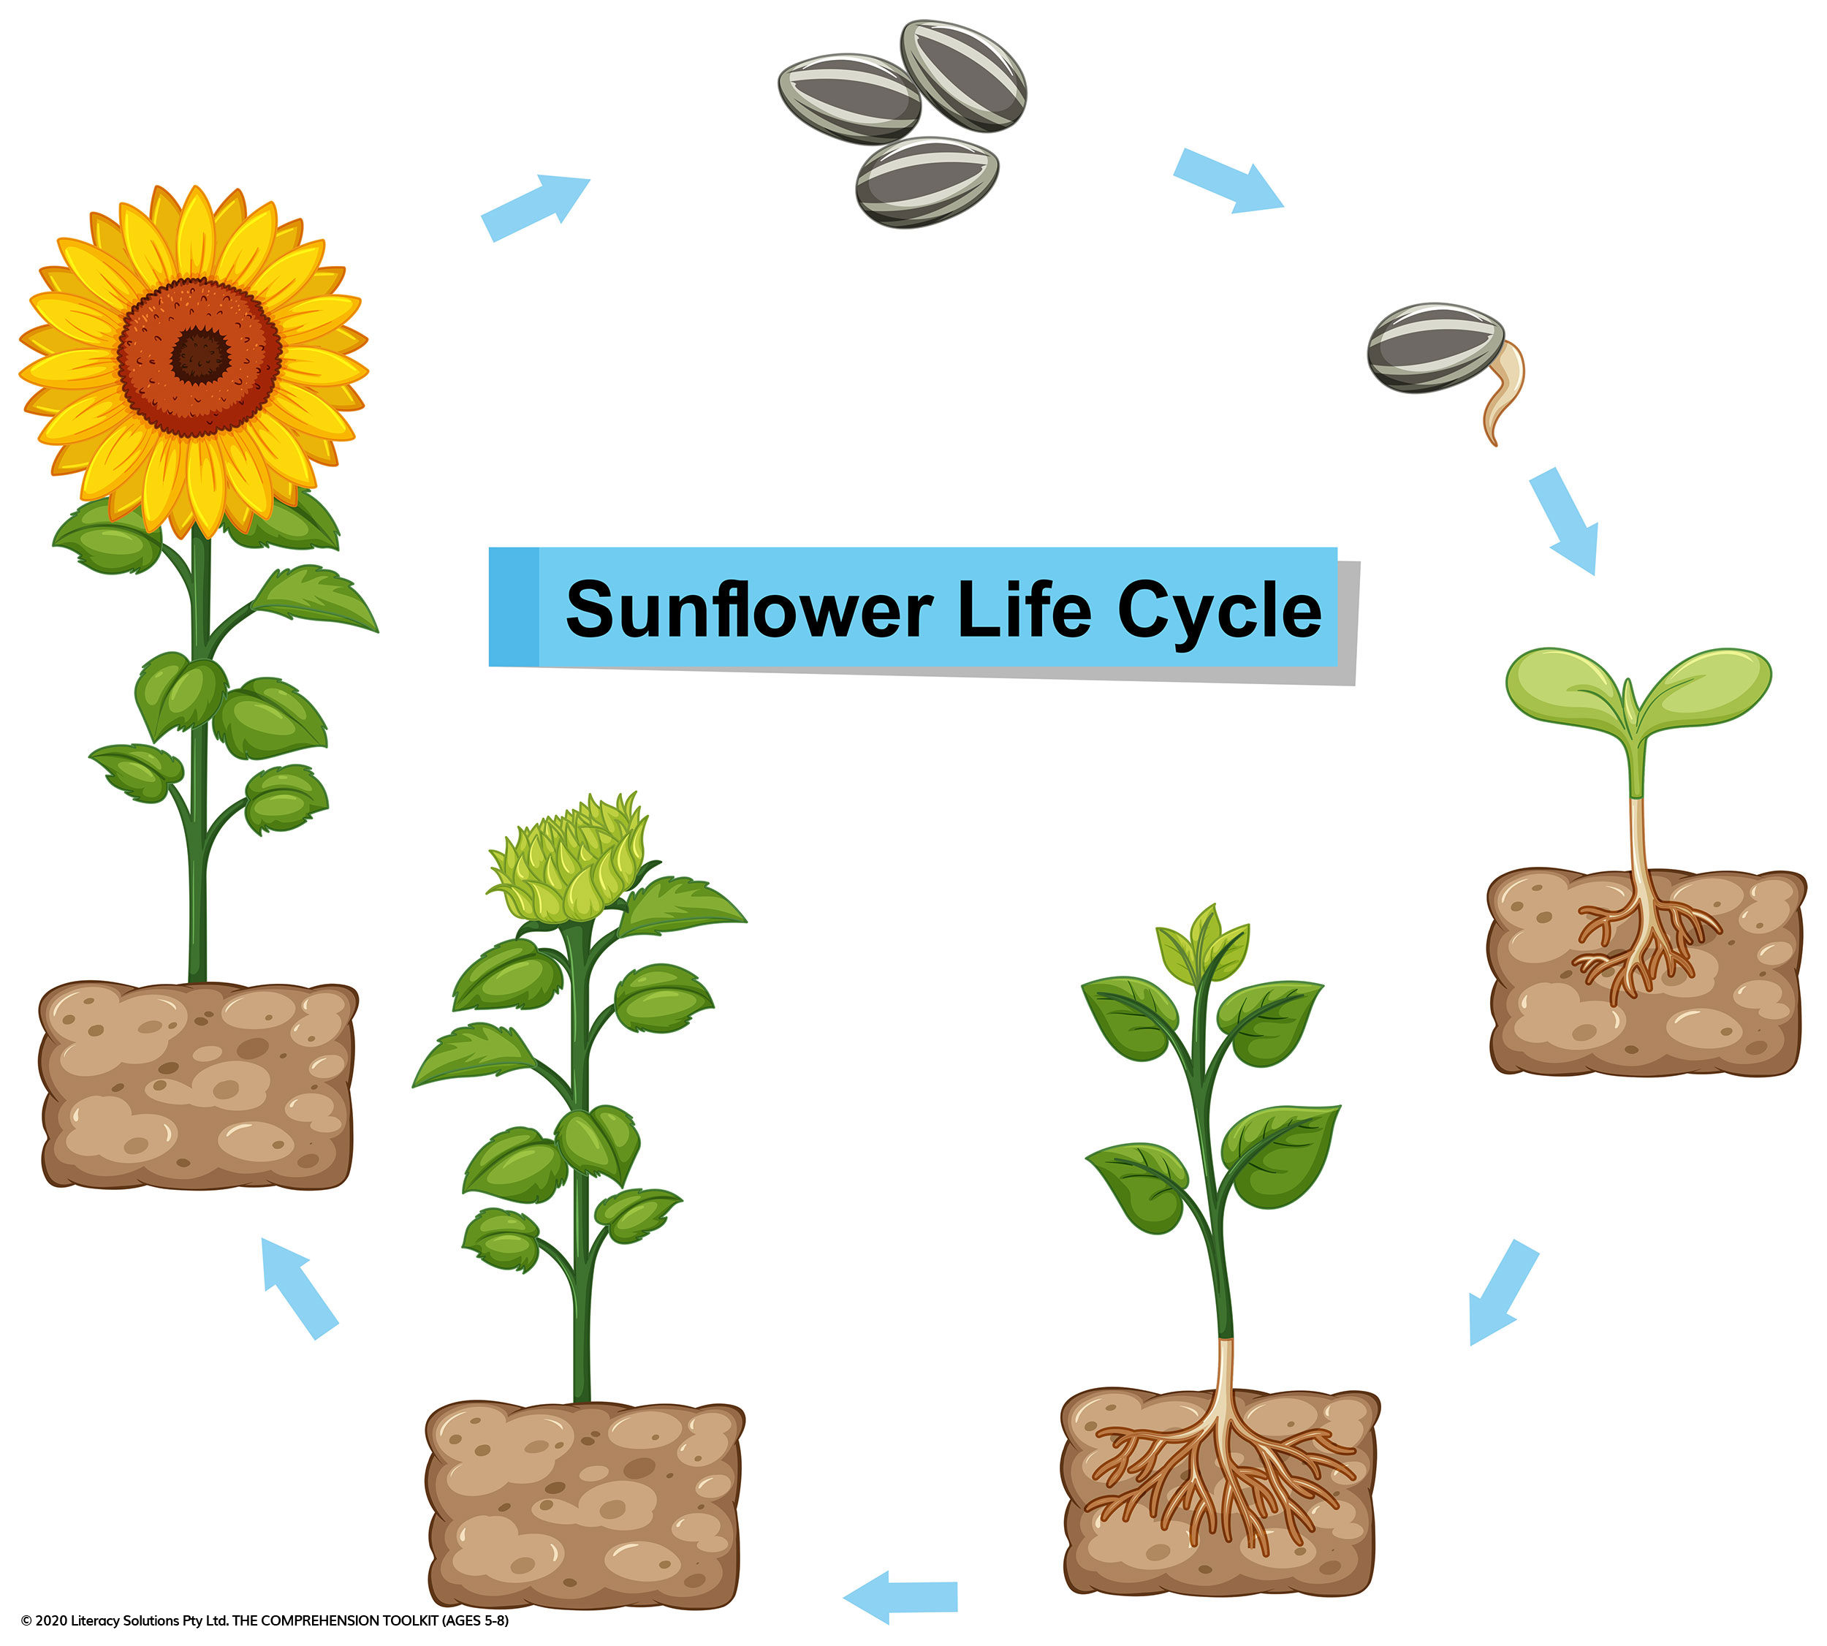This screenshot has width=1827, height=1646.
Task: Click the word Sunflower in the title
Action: click(x=749, y=610)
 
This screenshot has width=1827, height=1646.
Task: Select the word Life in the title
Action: click(x=1025, y=609)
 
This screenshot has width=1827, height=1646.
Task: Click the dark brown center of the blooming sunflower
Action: click(x=201, y=354)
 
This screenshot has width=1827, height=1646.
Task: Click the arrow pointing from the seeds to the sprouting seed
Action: click(x=1228, y=181)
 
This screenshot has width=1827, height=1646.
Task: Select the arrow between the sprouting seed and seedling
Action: click(x=1564, y=521)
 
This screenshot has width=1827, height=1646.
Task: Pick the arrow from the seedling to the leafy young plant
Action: click(x=1503, y=1292)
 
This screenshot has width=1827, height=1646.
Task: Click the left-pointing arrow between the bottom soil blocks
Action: click(x=900, y=1597)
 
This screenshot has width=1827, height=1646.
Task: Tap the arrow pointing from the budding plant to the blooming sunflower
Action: click(x=300, y=1288)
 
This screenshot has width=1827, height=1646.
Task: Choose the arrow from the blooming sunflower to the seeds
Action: click(x=536, y=209)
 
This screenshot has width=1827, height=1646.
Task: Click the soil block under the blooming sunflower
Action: click(x=197, y=1085)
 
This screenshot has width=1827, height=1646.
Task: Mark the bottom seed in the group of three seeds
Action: click(x=927, y=182)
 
